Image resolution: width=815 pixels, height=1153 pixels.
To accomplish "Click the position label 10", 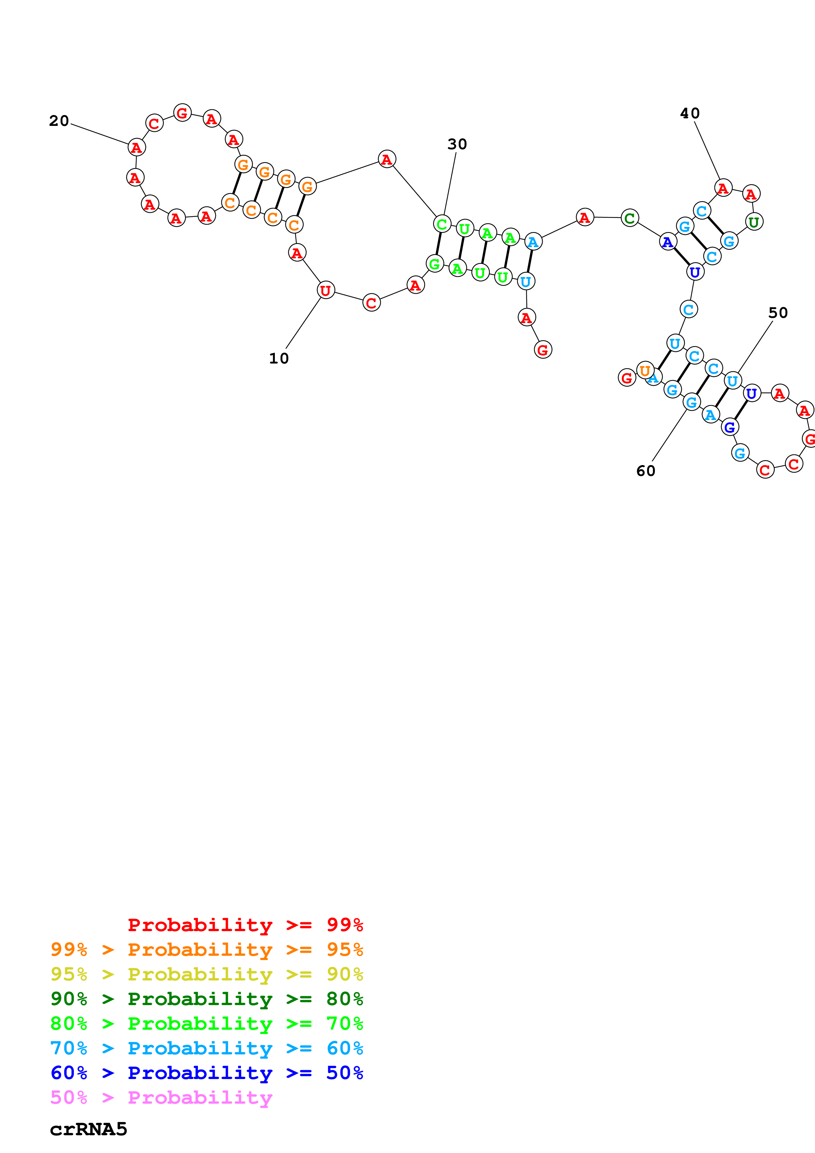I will pyautogui.click(x=279, y=359).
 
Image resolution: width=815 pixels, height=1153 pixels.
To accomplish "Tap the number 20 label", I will pyautogui.click(x=59, y=121).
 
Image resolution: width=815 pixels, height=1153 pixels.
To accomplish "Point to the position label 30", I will pyautogui.click(x=457, y=145).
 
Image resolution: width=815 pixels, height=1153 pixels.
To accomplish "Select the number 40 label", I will pyautogui.click(x=689, y=113).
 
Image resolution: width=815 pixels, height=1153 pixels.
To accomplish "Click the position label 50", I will pyautogui.click(x=778, y=313).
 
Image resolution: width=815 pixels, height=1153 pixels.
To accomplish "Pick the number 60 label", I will pyautogui.click(x=646, y=471).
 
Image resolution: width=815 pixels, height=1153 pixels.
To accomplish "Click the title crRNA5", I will pyautogui.click(x=88, y=1129).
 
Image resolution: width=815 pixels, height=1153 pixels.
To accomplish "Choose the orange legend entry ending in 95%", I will pyautogui.click(x=206, y=950).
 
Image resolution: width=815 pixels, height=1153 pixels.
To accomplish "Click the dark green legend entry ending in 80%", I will pyautogui.click(x=206, y=999).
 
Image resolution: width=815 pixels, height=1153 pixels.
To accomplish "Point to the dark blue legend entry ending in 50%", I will pyautogui.click(x=206, y=1073).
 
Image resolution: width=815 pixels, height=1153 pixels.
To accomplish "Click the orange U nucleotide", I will pyautogui.click(x=645, y=371).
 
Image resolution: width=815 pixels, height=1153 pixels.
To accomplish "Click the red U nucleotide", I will pyautogui.click(x=326, y=290).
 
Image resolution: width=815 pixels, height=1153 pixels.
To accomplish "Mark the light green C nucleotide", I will pyautogui.click(x=442, y=224).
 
